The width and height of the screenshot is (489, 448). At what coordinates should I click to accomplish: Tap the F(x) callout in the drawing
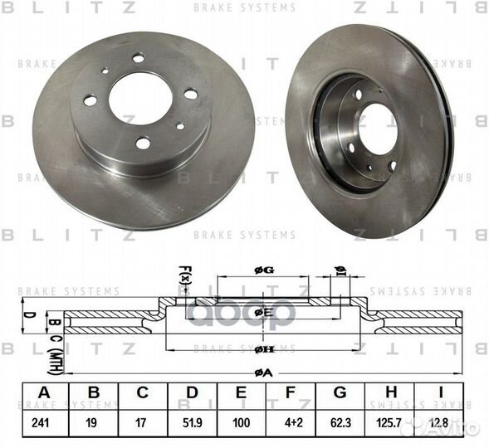[x=184, y=273]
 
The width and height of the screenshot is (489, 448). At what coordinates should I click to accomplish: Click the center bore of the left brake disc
[x=140, y=99]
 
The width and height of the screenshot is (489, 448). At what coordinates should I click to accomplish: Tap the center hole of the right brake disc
[x=378, y=129]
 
